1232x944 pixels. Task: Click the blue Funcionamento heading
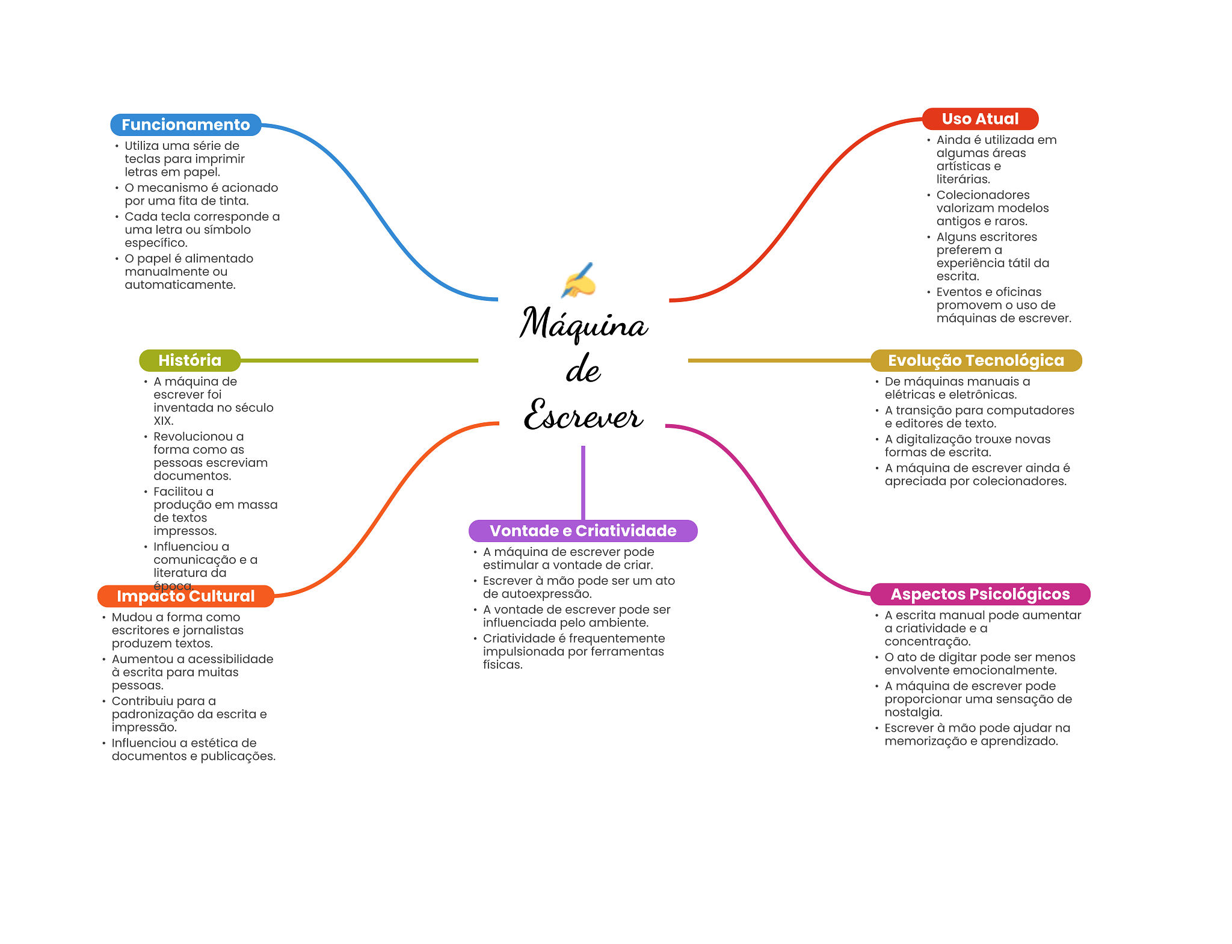(x=185, y=125)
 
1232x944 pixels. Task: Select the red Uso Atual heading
(x=980, y=119)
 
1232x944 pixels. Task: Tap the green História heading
(x=189, y=360)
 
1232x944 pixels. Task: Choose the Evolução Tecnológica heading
(x=976, y=360)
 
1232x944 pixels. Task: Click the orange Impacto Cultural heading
(x=185, y=596)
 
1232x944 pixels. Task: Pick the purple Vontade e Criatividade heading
(x=583, y=531)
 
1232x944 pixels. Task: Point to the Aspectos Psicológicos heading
(x=980, y=594)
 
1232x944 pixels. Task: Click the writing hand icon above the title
(x=579, y=281)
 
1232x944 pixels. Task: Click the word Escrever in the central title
(x=584, y=415)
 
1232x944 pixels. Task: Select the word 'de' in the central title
(x=584, y=369)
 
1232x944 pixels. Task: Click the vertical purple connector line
(x=583, y=483)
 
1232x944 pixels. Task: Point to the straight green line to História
(x=359, y=360)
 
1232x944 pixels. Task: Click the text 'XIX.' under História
(x=164, y=421)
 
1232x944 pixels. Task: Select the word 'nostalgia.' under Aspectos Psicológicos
(x=913, y=712)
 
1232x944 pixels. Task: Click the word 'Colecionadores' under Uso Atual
(x=983, y=195)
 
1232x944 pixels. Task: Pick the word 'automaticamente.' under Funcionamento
(x=180, y=285)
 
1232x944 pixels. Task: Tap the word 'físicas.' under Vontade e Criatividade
(x=503, y=665)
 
